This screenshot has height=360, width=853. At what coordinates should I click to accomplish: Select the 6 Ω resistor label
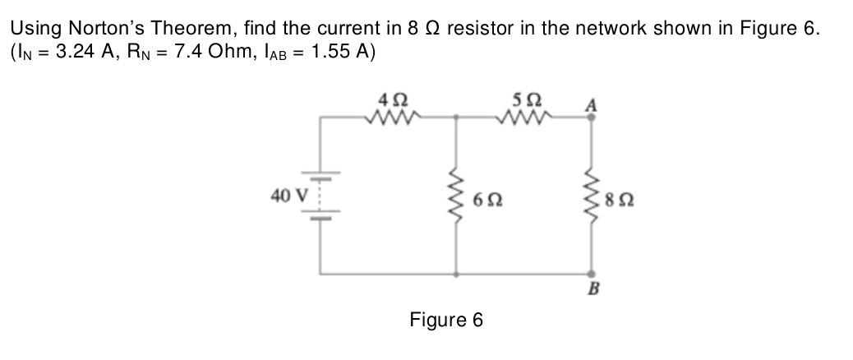[x=488, y=200]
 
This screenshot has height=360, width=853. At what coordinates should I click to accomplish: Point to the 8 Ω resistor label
[x=623, y=200]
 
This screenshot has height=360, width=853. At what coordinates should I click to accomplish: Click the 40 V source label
[x=287, y=196]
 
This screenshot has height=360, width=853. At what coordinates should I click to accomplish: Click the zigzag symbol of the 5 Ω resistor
[x=523, y=118]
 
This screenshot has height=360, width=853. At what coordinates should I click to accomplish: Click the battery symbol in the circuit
[x=320, y=198]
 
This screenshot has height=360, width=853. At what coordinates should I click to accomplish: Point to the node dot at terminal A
[x=592, y=118]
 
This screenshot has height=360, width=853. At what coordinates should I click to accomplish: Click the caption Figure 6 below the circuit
[x=446, y=319]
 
